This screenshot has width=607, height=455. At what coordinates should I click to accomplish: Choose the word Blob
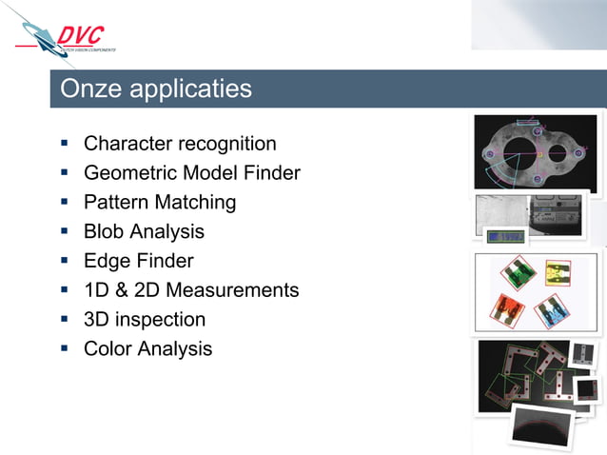104,231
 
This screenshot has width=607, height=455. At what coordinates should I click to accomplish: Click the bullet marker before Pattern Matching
64,202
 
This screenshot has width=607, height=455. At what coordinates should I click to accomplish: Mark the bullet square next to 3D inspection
64,318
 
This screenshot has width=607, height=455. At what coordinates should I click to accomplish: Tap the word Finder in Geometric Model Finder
271,173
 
